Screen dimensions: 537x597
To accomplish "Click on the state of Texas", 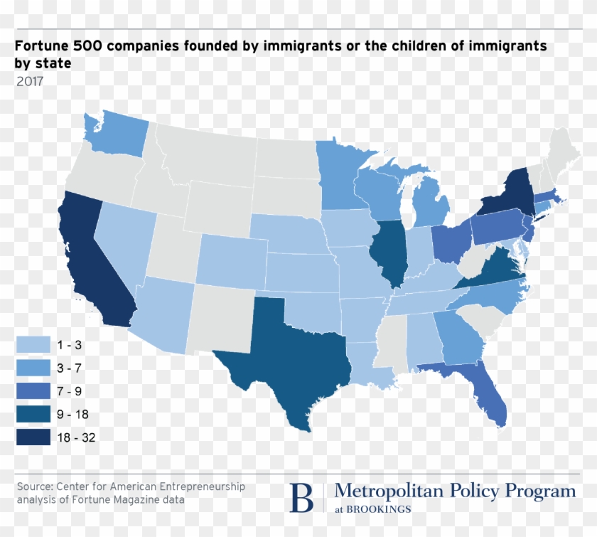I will coord(284,356).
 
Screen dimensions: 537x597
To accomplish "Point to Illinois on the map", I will coord(387,252).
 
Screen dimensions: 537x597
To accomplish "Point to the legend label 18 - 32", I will coord(76,437).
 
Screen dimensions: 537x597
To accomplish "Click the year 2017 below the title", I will coord(30,81).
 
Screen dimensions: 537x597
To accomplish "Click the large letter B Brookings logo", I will coord(301,497).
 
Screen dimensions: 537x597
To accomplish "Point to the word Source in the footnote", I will coord(32,487).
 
